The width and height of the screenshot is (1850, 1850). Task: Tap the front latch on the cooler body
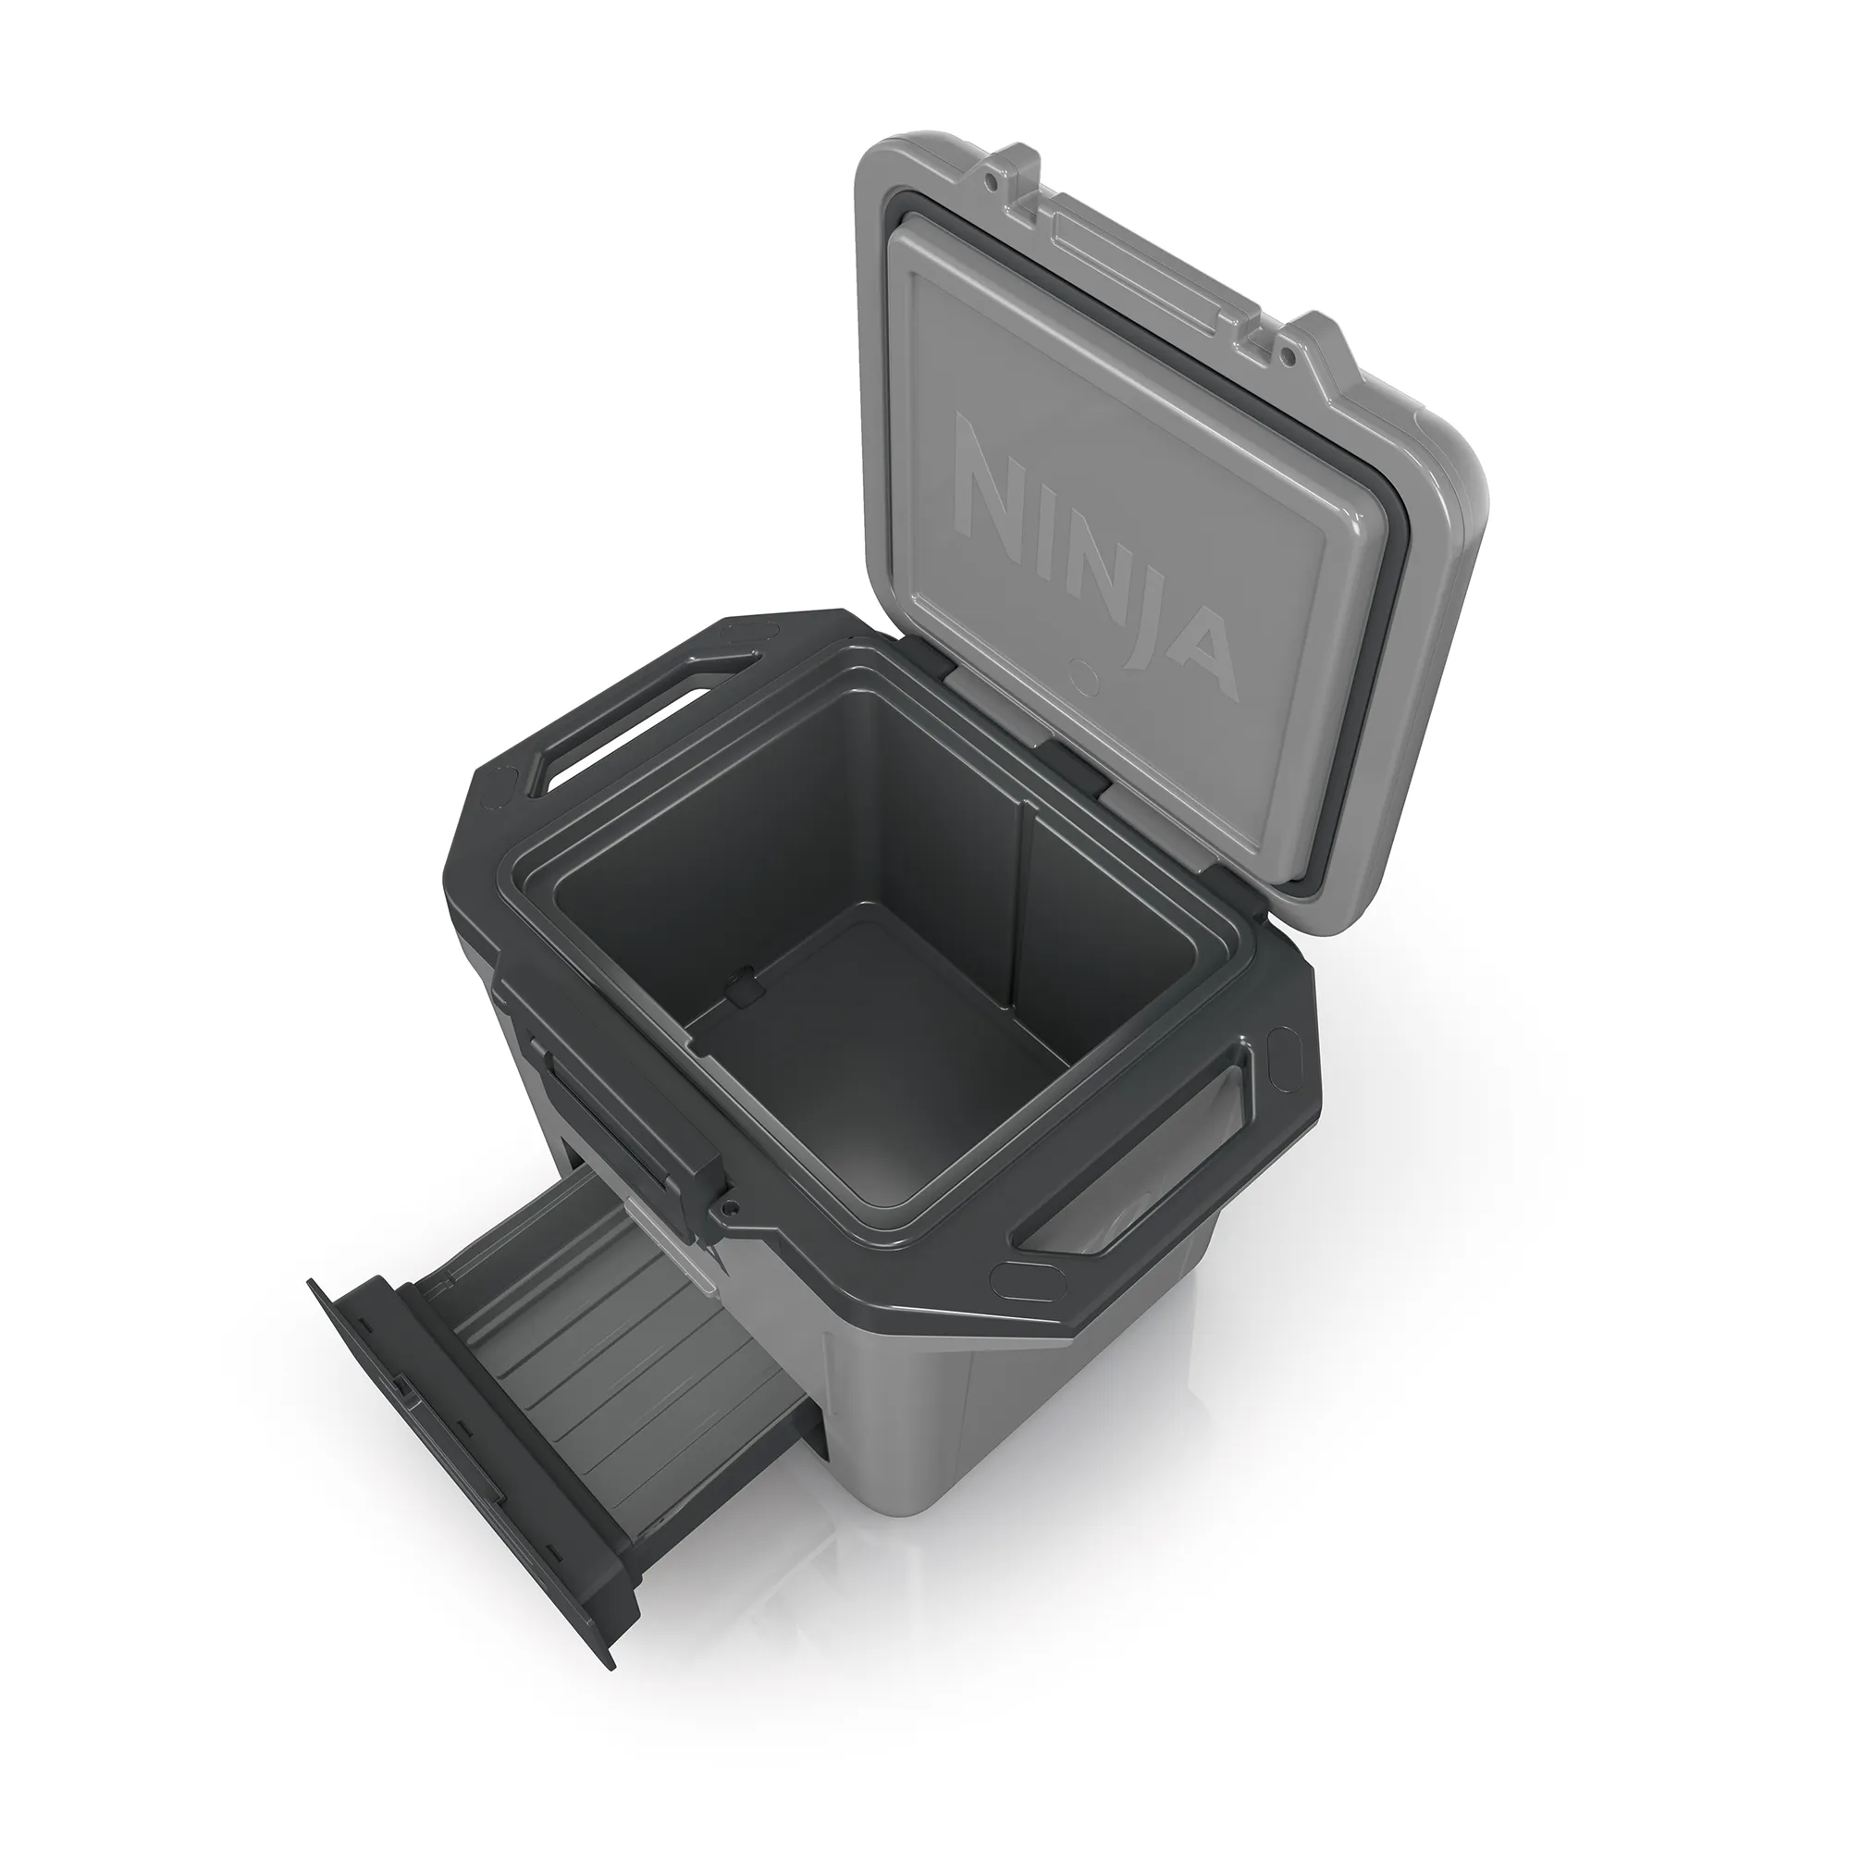[623, 1120]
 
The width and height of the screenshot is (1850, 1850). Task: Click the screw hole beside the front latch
[730, 1207]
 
